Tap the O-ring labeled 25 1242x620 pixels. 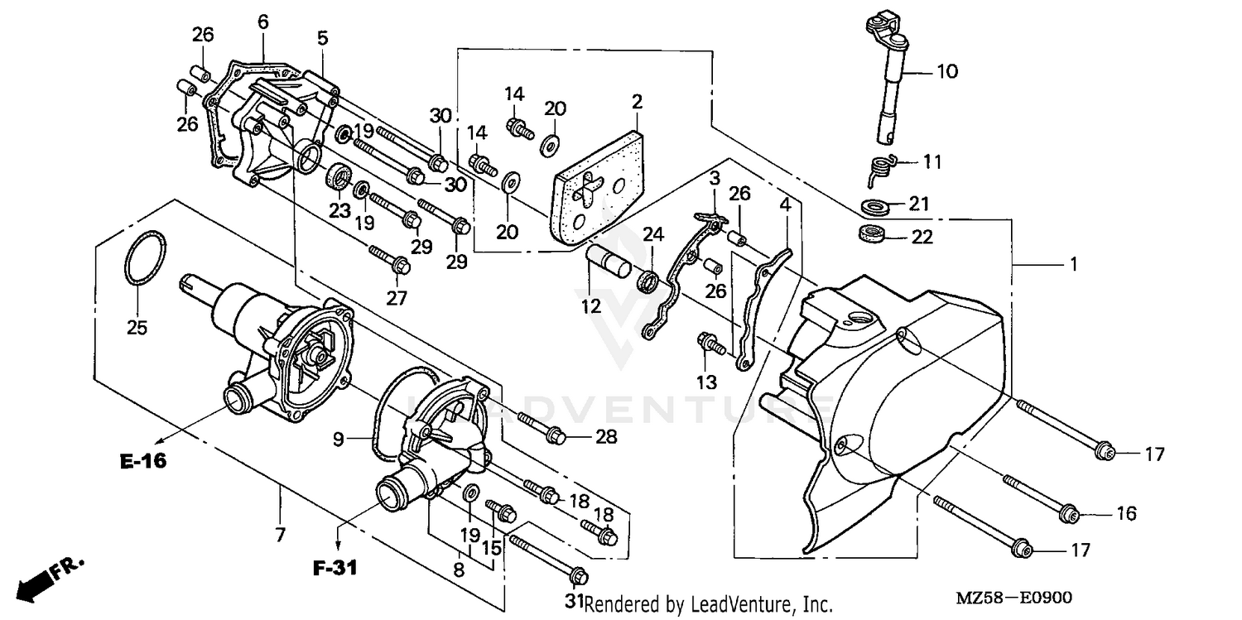point(146,259)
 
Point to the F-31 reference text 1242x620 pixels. point(337,569)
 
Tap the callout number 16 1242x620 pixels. point(1126,514)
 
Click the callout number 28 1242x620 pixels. point(606,437)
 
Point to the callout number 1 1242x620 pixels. point(1073,265)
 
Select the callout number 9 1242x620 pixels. point(338,440)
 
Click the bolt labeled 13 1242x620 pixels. point(711,344)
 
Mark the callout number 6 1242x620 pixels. point(262,22)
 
